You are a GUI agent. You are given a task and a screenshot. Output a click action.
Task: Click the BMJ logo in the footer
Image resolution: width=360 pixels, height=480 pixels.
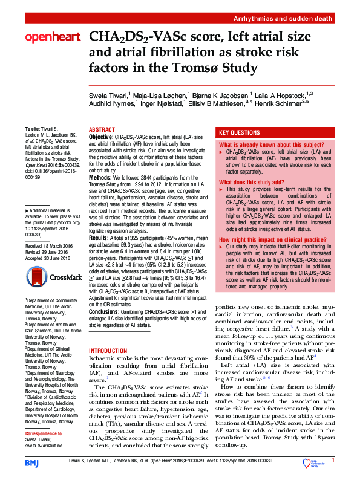(31, 462)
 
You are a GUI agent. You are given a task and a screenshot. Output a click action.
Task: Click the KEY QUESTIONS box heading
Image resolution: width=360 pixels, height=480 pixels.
(240, 132)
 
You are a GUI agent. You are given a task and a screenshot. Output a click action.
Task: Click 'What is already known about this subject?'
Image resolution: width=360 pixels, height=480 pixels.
(267, 146)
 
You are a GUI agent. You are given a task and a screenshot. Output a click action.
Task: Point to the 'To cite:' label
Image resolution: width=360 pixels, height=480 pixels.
(33, 129)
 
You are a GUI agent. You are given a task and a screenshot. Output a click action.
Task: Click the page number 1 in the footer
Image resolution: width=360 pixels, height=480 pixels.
(332, 461)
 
